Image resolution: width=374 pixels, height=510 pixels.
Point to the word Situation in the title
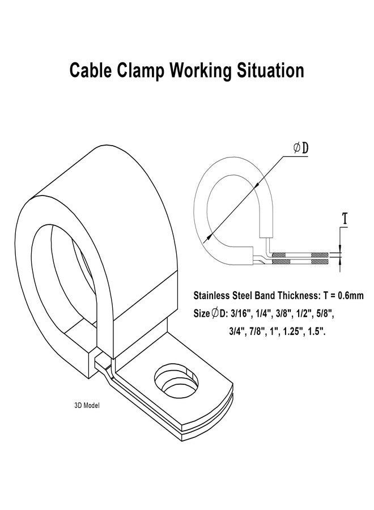coord(270,70)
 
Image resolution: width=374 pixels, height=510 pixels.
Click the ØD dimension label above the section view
coord(300,148)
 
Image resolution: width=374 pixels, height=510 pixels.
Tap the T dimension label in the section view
coord(345,218)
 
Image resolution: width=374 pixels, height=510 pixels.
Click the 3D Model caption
coord(87,406)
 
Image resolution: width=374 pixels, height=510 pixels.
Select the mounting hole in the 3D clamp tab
coord(176,381)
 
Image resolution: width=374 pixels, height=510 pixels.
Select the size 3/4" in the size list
coord(237,331)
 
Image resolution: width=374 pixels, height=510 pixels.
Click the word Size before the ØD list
coord(202,314)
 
